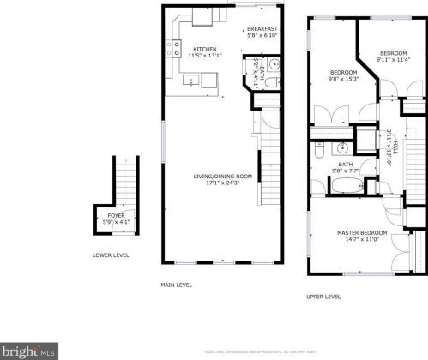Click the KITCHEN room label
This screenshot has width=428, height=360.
pos(204,49)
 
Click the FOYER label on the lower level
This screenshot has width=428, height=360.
pos(114,216)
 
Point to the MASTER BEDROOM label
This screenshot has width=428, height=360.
pos(361,233)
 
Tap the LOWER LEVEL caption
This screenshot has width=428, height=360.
pos(111,255)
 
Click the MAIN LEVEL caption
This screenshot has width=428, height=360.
pos(177,285)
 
